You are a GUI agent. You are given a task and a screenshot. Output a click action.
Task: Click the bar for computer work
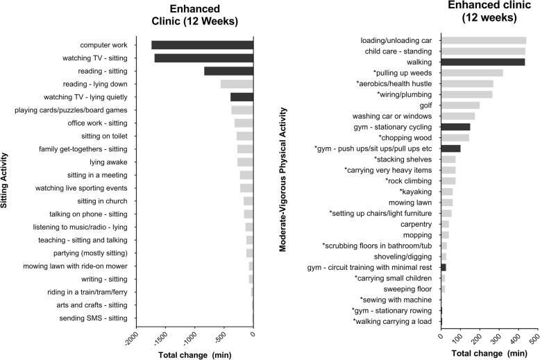point(202,45)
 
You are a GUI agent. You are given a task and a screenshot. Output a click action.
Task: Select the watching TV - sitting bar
point(203,58)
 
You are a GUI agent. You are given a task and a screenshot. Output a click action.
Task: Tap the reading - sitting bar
point(228,71)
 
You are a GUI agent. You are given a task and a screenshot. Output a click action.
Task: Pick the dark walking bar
point(482,62)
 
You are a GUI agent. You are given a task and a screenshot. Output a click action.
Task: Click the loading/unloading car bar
point(483,40)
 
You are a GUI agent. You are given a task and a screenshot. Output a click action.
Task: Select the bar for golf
point(460,105)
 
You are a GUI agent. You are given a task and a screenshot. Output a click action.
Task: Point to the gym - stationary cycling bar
point(455,127)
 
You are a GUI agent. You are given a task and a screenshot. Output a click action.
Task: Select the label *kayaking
point(416,191)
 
